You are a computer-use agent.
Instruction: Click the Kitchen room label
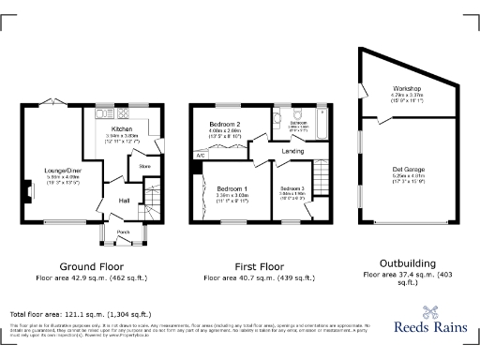(123, 128)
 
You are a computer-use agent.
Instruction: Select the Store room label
(145, 167)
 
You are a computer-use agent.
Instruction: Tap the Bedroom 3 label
(292, 189)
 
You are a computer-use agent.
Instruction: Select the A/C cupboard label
(200, 155)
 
